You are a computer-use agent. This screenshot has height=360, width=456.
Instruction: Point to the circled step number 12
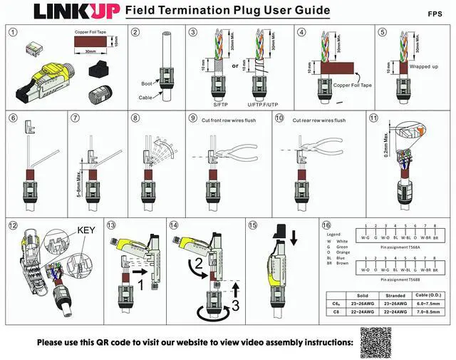(13, 225)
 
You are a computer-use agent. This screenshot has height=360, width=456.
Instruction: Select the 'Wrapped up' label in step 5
(423, 66)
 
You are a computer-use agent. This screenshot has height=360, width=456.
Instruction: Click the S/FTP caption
(210, 104)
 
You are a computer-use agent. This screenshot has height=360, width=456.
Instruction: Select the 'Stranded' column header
(395, 294)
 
